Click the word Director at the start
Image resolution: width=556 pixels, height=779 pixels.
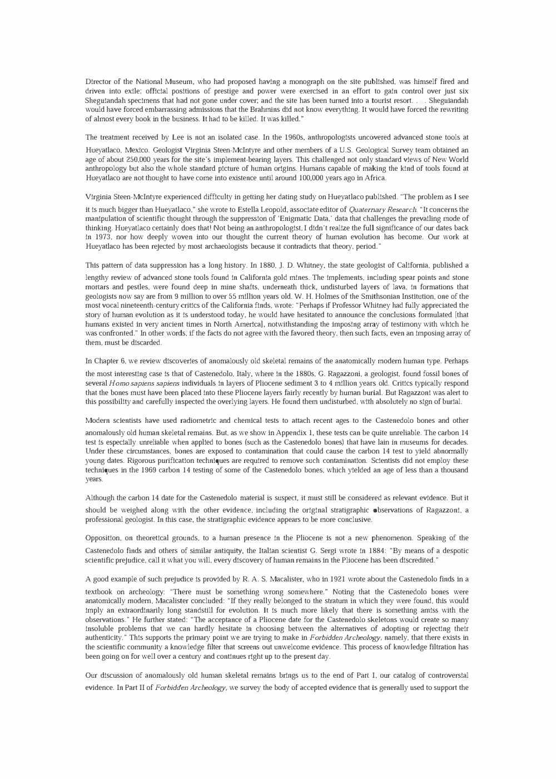pyautogui.click(x=98, y=82)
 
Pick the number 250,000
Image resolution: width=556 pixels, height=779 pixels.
pyautogui.click(x=140, y=160)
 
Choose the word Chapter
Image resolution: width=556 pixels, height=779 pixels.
pyautogui.click(x=108, y=362)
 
